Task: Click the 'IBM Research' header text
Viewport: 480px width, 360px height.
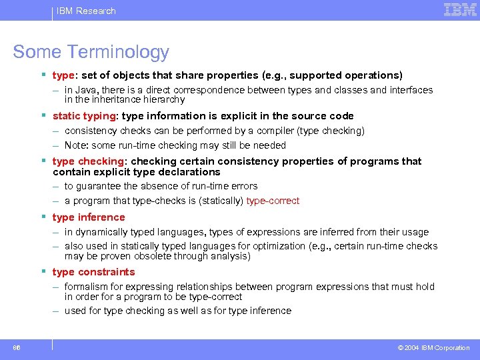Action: tap(85, 11)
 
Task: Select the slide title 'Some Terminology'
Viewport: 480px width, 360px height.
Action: tap(91, 52)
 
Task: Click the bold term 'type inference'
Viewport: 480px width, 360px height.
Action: tap(89, 217)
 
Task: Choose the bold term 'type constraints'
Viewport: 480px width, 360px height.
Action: tap(93, 272)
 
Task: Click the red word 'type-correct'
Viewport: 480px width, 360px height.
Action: tap(273, 201)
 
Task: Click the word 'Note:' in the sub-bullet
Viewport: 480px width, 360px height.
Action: tap(77, 145)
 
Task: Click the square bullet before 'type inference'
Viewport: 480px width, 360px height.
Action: tap(43, 217)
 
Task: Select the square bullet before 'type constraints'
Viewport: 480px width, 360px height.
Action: tap(43, 272)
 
